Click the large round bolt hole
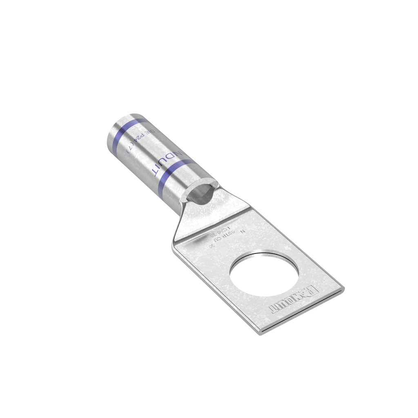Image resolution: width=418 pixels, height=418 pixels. pos(264,273)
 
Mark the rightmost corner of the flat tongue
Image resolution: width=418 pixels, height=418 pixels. pos(343,289)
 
